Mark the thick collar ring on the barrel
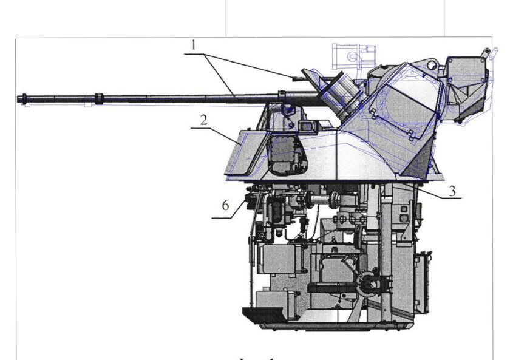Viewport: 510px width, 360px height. point(98,97)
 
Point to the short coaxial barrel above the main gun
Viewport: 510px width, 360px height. point(297,78)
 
